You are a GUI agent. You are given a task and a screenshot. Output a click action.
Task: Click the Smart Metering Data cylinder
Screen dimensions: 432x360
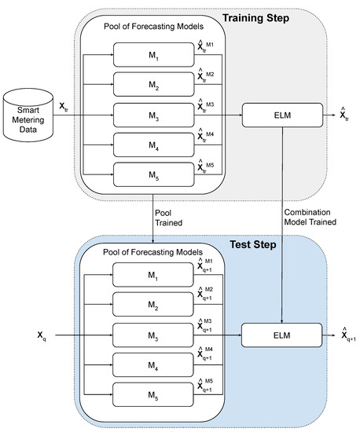pos(31,115)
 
